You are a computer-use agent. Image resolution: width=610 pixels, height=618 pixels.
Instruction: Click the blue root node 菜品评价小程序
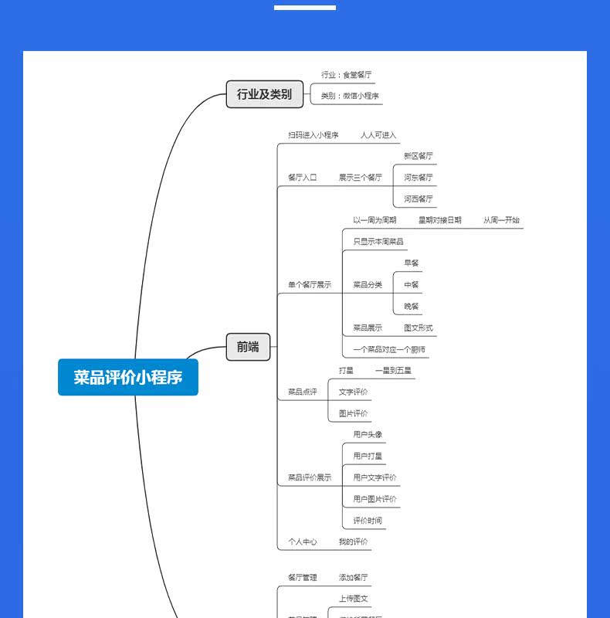(x=128, y=378)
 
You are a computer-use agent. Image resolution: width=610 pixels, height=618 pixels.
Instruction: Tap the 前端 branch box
(x=248, y=347)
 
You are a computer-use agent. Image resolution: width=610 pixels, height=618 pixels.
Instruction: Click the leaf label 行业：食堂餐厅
(x=347, y=75)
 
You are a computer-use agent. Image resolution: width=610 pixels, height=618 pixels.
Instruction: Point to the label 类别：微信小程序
(x=351, y=97)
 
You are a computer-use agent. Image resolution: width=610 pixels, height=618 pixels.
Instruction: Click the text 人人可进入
(x=378, y=135)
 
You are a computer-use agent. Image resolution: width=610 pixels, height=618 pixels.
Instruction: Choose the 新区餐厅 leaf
(x=419, y=156)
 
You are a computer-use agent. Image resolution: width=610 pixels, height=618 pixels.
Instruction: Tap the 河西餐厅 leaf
(x=419, y=199)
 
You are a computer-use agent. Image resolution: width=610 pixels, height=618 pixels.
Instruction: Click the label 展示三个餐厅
(x=361, y=178)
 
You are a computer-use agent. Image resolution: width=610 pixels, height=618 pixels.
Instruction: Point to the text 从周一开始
(x=502, y=220)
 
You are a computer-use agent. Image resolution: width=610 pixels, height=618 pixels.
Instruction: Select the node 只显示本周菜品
(x=378, y=242)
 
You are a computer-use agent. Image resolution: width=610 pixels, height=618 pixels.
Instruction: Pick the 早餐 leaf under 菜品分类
(x=412, y=263)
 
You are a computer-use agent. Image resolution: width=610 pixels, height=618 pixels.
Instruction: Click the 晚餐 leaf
(x=412, y=307)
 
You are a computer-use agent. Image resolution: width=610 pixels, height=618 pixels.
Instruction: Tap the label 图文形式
(x=419, y=328)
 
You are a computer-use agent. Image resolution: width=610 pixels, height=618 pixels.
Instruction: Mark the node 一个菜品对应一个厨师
(x=389, y=350)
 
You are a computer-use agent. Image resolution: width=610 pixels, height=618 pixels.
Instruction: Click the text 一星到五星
(x=394, y=371)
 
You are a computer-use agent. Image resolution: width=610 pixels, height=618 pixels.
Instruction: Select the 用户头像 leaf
(x=368, y=435)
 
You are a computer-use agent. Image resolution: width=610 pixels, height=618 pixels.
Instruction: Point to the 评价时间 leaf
(x=368, y=521)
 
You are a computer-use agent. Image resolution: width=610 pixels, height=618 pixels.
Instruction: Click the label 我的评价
(x=354, y=542)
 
